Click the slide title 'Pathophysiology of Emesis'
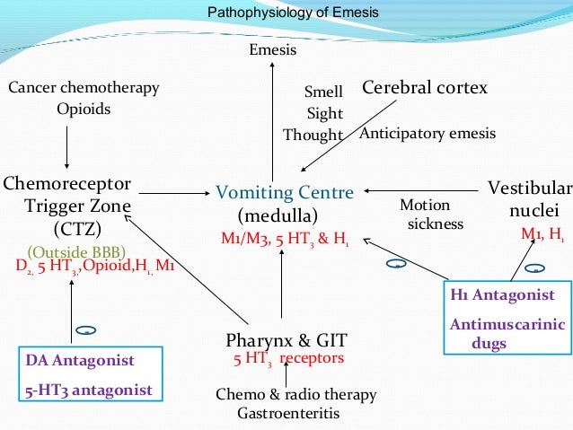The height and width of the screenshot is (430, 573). [x=293, y=13]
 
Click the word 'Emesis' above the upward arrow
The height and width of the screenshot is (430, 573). [x=272, y=49]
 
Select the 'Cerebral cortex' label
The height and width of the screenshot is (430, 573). [x=424, y=88]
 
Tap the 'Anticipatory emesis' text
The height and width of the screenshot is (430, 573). [x=427, y=134]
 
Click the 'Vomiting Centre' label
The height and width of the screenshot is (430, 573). [x=285, y=192]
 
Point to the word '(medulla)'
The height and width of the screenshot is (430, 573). [x=278, y=216]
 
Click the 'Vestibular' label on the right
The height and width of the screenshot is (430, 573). [x=529, y=188]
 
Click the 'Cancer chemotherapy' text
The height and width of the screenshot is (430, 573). [x=84, y=88]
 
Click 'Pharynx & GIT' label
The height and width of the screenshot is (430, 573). [x=286, y=339]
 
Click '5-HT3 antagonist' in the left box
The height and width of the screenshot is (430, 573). [x=88, y=390]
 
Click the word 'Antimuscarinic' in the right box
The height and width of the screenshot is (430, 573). [x=507, y=324]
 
